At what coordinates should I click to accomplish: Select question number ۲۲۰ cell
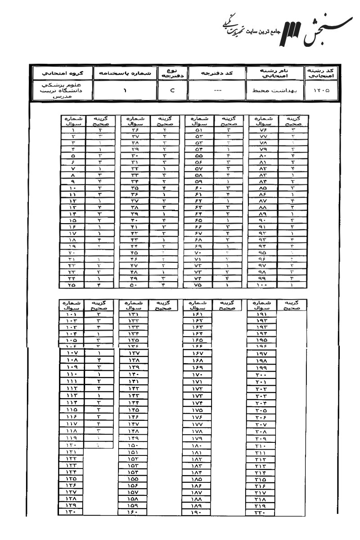click(x=262, y=511)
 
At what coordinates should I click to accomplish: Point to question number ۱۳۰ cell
click(x=72, y=511)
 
